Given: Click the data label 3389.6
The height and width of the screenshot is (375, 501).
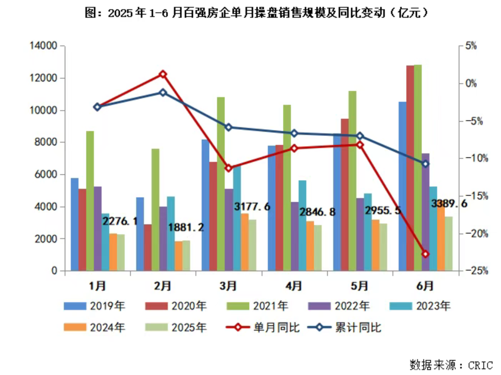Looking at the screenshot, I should pos(449,203).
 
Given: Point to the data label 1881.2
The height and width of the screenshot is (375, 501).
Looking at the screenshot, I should pos(186,227).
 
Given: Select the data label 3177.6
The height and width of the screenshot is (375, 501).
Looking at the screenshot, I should pos(252,207).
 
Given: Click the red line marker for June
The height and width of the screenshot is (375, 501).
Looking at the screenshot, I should pos(425,254).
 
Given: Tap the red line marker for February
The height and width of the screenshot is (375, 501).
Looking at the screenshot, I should pos(163,74).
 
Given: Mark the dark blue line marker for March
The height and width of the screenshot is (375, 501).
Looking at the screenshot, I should pos(229,127).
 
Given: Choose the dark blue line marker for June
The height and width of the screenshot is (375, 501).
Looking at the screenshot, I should pos(425,164).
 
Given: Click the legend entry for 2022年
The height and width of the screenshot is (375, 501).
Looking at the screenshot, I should pos(339,306).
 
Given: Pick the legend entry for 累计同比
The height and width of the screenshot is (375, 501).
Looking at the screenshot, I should pos(344,328).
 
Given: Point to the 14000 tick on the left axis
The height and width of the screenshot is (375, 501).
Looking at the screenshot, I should pos(43,46).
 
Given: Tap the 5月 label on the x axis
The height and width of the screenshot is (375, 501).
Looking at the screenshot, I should pos(359,286).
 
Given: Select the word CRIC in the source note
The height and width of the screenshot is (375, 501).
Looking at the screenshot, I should pos(480,365).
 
